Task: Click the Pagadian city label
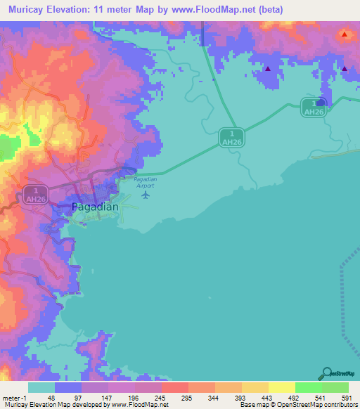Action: pyautogui.click(x=96, y=207)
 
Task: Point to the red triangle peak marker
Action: pyautogui.click(x=345, y=34)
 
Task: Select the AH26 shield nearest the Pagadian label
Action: pyautogui.click(x=34, y=193)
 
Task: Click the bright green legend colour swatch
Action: pyautogui.click(x=308, y=387)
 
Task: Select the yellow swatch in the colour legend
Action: pyautogui.click(x=281, y=387)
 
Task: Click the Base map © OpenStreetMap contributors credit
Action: pyautogui.click(x=297, y=405)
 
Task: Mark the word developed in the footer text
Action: pyautogui.click(x=86, y=405)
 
